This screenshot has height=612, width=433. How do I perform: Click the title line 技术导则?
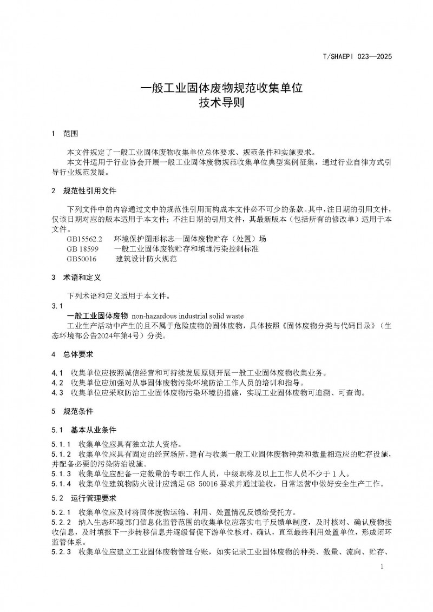tap(216, 103)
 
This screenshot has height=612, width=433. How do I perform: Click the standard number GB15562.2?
tap(84, 239)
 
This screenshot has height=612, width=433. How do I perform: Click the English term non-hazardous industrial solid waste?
tap(188, 315)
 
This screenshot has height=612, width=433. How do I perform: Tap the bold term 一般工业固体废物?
tap(97, 315)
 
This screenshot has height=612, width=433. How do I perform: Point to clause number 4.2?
tap(57, 383)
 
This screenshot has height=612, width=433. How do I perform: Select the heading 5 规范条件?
tap(75, 411)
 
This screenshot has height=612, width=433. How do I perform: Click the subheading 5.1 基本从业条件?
tap(84, 430)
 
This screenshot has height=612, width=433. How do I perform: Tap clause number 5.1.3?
tap(61, 473)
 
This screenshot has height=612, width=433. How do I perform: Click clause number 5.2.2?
tap(61, 523)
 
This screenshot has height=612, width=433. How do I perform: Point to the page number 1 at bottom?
tap(382, 567)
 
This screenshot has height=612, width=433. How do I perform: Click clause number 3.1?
tap(57, 306)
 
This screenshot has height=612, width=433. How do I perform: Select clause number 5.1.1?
tap(61, 444)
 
